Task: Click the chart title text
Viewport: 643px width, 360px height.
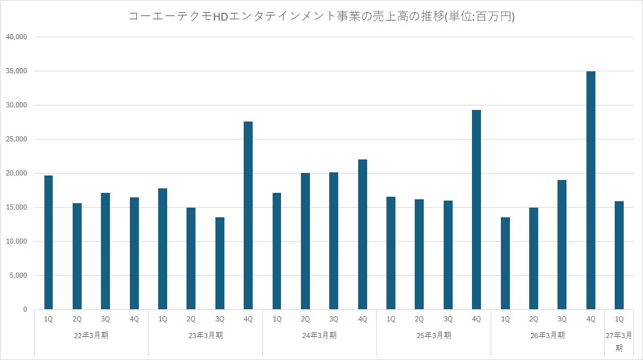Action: [x=321, y=17]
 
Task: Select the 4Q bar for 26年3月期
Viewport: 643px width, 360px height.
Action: [x=590, y=190]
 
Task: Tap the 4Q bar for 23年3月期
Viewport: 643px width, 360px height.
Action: [x=248, y=215]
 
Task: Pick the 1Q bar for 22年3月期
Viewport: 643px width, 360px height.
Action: [x=48, y=242]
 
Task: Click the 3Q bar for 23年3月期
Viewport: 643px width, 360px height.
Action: [x=220, y=263]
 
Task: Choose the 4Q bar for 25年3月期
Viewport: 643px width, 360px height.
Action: [x=476, y=210]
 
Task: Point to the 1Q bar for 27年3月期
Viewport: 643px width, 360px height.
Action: [x=619, y=255]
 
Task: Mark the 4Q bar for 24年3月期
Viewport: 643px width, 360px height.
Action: [x=363, y=234]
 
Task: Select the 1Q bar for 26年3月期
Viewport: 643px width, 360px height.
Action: [x=505, y=263]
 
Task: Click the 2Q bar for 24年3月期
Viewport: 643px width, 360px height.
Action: [x=305, y=241]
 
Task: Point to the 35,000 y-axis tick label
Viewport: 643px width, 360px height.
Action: [x=17, y=71]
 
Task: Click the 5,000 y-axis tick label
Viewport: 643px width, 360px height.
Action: [x=19, y=275]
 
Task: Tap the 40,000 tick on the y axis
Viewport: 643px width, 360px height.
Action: [x=17, y=37]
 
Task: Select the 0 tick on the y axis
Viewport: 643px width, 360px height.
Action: [x=25, y=309]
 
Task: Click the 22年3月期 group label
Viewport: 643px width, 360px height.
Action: [x=91, y=336]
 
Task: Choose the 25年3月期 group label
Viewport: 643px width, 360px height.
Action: [x=434, y=336]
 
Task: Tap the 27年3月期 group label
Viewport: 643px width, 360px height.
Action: [x=619, y=341]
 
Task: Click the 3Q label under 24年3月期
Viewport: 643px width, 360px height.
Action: [x=334, y=319]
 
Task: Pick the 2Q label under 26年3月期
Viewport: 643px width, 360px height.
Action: [x=534, y=319]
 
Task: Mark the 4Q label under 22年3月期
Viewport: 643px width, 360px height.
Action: [x=134, y=319]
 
